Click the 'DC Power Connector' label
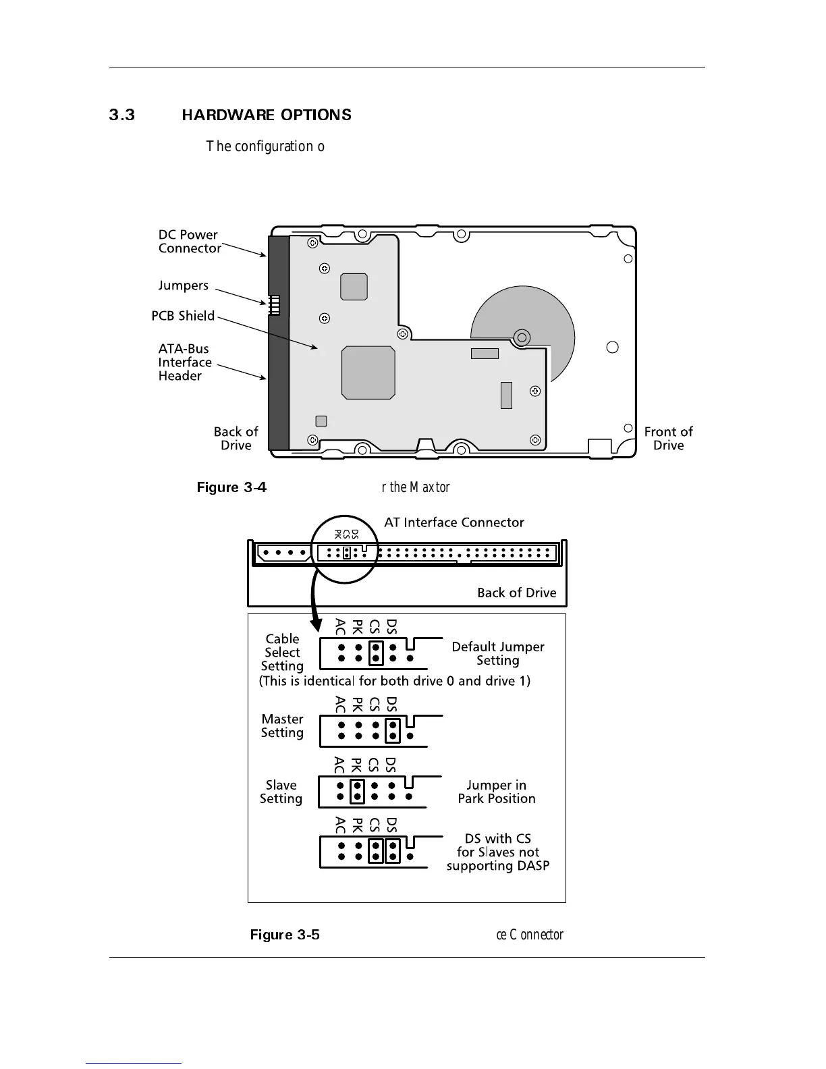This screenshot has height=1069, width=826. click(189, 242)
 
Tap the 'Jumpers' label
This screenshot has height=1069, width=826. click(184, 285)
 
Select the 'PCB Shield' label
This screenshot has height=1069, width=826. click(183, 316)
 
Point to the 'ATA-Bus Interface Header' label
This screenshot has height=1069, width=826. click(185, 362)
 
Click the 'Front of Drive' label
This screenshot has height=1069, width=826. click(668, 439)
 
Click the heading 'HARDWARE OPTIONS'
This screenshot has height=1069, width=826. click(267, 115)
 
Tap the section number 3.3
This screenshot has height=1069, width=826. click(122, 115)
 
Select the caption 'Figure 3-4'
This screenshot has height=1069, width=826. click(231, 487)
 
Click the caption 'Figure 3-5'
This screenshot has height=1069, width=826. click(285, 935)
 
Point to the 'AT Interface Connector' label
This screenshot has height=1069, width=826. click(453, 522)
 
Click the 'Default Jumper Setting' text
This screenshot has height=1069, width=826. click(497, 653)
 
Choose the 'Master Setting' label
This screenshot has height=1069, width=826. click(282, 726)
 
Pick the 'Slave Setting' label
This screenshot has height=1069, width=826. click(281, 792)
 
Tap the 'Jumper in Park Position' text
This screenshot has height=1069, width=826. click(497, 792)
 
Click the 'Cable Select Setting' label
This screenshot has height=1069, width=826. click(282, 653)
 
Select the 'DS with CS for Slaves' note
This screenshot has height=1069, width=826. click(497, 852)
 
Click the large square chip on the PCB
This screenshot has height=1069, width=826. click(368, 373)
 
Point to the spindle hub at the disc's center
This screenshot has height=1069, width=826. click(521, 337)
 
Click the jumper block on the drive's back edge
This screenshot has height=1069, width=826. click(274, 305)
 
